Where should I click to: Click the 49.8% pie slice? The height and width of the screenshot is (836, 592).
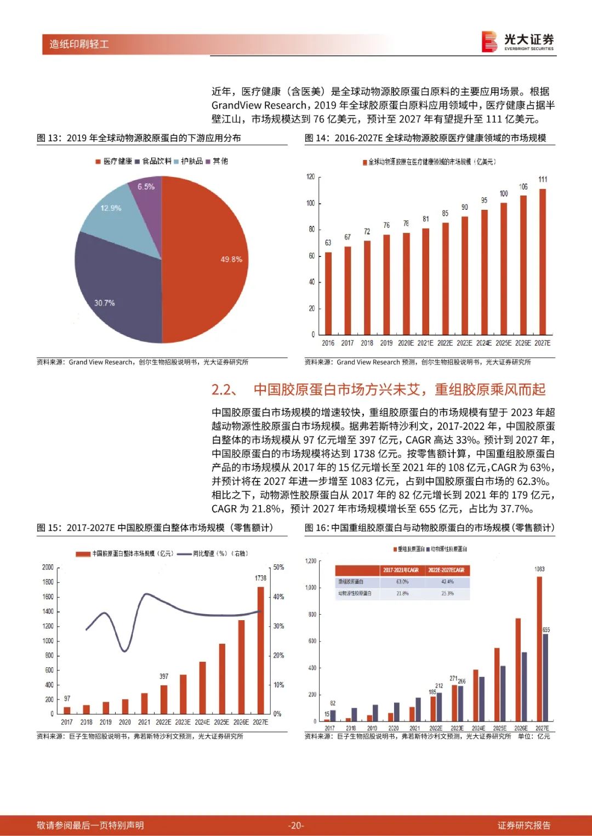(x=208, y=257)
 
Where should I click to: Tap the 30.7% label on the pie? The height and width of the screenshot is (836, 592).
(x=104, y=303)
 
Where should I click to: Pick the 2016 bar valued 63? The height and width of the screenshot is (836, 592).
(x=328, y=293)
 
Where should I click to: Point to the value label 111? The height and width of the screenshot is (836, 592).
(x=543, y=179)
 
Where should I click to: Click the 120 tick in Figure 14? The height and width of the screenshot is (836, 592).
(x=311, y=176)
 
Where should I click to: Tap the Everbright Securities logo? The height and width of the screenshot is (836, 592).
(x=518, y=42)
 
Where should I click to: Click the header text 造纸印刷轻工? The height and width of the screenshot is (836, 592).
(x=79, y=44)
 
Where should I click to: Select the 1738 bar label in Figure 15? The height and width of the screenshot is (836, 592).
(x=260, y=578)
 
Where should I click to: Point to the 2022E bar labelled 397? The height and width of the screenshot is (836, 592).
(x=164, y=699)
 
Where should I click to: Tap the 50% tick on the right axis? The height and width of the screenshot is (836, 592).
(x=278, y=567)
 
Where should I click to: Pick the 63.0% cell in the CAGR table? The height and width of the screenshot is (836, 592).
(x=402, y=582)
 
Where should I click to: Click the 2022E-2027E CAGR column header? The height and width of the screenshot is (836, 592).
(x=447, y=570)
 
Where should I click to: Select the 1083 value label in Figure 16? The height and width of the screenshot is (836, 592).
(x=539, y=569)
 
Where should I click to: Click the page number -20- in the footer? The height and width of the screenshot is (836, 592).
(x=296, y=825)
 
